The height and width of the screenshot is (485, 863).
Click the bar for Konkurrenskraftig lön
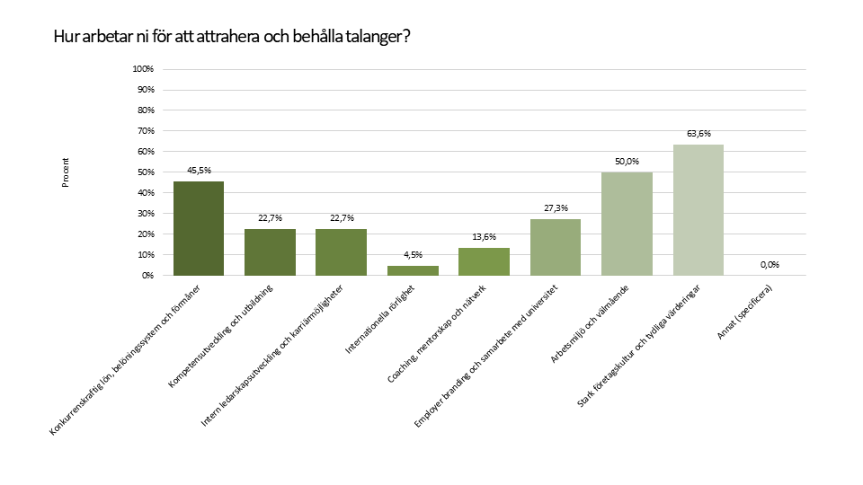point(199,228)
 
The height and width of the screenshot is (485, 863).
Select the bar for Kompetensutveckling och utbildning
point(270,251)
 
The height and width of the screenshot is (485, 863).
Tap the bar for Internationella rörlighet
point(413,270)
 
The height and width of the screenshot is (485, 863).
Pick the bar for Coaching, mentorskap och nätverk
point(484,261)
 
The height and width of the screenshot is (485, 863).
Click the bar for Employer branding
point(555,247)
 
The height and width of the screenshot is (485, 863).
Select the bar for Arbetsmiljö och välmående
point(627,224)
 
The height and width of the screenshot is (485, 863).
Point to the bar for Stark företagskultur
point(698,209)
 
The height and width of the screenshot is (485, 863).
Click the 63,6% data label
point(698,134)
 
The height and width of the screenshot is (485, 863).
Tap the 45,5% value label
point(199,171)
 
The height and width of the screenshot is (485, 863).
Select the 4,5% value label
point(413,256)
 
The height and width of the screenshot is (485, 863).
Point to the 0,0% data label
point(770,265)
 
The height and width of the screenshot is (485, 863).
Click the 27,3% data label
point(556,208)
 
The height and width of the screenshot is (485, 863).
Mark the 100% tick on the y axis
point(144,69)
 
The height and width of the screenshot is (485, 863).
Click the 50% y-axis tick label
point(146,172)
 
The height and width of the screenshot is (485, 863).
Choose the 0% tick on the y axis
point(148,276)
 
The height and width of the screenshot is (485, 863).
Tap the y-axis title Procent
point(66,172)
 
